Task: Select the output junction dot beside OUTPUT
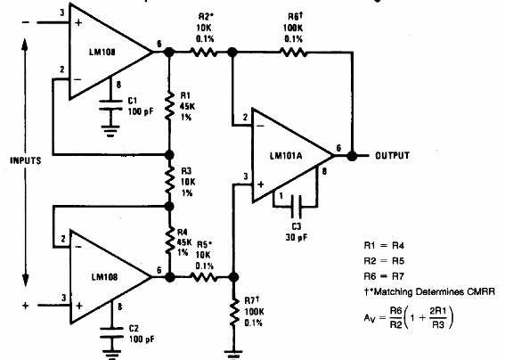coord(354,155)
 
